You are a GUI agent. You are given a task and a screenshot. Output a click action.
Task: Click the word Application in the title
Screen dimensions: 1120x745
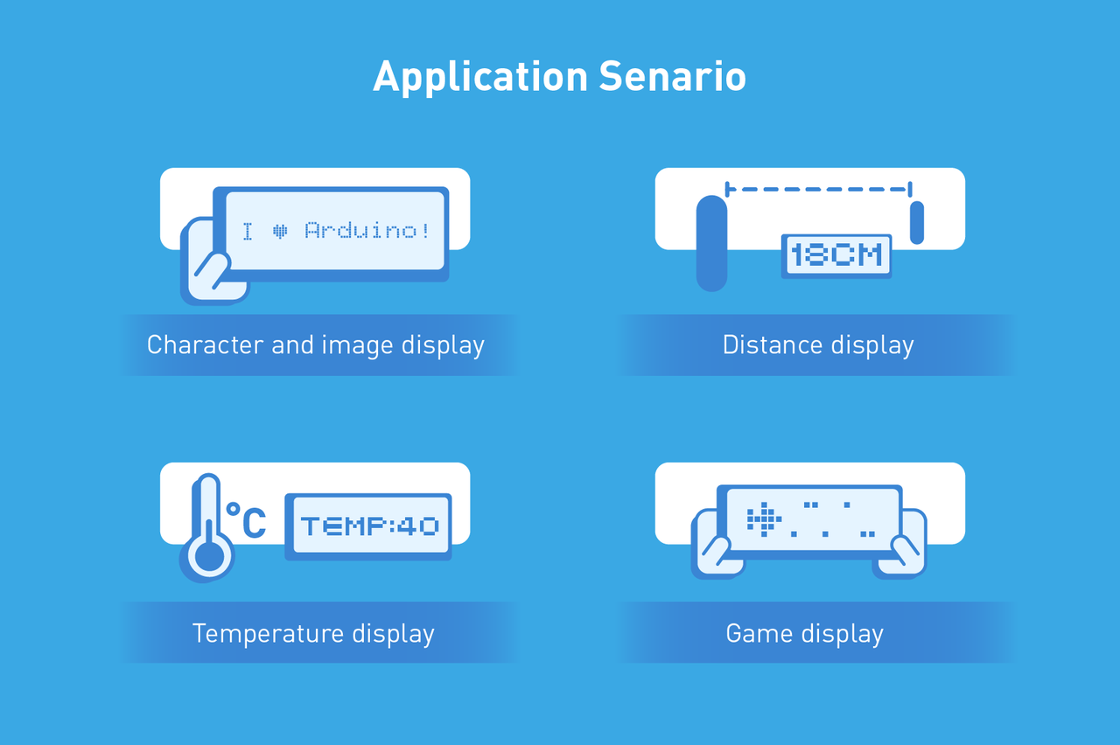tap(480, 77)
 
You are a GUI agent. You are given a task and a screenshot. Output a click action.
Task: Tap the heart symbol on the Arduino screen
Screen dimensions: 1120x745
tap(280, 231)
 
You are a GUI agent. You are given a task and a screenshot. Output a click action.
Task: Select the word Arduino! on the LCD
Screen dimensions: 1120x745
tap(367, 230)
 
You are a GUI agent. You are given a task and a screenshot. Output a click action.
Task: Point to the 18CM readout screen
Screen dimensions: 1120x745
tap(836, 256)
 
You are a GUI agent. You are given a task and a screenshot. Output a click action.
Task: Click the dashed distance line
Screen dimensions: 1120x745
tap(818, 190)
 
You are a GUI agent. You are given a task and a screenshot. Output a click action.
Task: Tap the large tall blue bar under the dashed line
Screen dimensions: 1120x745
tap(711, 243)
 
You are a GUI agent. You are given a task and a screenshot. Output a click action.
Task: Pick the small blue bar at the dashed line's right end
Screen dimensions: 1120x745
tap(916, 222)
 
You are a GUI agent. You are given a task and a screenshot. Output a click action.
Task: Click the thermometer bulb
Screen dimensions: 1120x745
tap(208, 555)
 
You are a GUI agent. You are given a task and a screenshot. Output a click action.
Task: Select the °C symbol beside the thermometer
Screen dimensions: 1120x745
tap(246, 520)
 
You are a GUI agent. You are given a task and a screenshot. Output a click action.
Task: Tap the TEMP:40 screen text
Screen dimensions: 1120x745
tap(369, 526)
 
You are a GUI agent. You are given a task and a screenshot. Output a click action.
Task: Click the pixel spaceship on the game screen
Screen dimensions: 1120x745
tap(764, 519)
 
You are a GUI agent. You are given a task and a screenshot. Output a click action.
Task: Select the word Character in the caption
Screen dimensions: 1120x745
tap(206, 345)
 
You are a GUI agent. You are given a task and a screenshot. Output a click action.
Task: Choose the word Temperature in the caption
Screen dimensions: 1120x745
tap(268, 634)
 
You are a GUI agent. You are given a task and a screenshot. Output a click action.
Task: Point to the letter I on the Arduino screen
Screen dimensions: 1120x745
tap(248, 232)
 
